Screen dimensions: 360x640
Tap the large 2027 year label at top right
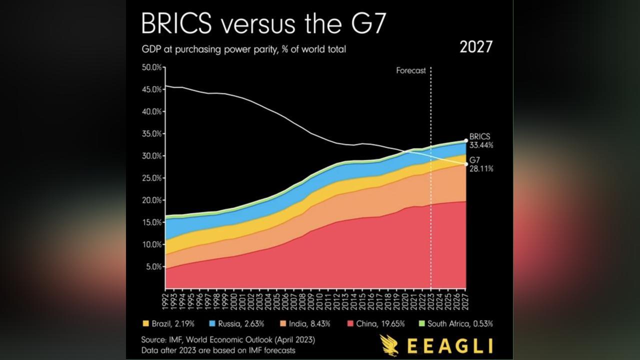(x=475, y=47)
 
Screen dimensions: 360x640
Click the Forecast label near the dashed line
(x=411, y=70)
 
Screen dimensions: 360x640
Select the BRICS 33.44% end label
(x=481, y=140)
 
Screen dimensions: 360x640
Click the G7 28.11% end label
(x=481, y=164)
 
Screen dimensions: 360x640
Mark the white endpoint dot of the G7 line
(x=466, y=164)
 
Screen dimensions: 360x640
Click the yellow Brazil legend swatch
(x=145, y=323)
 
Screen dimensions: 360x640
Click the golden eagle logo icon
(x=389, y=345)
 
